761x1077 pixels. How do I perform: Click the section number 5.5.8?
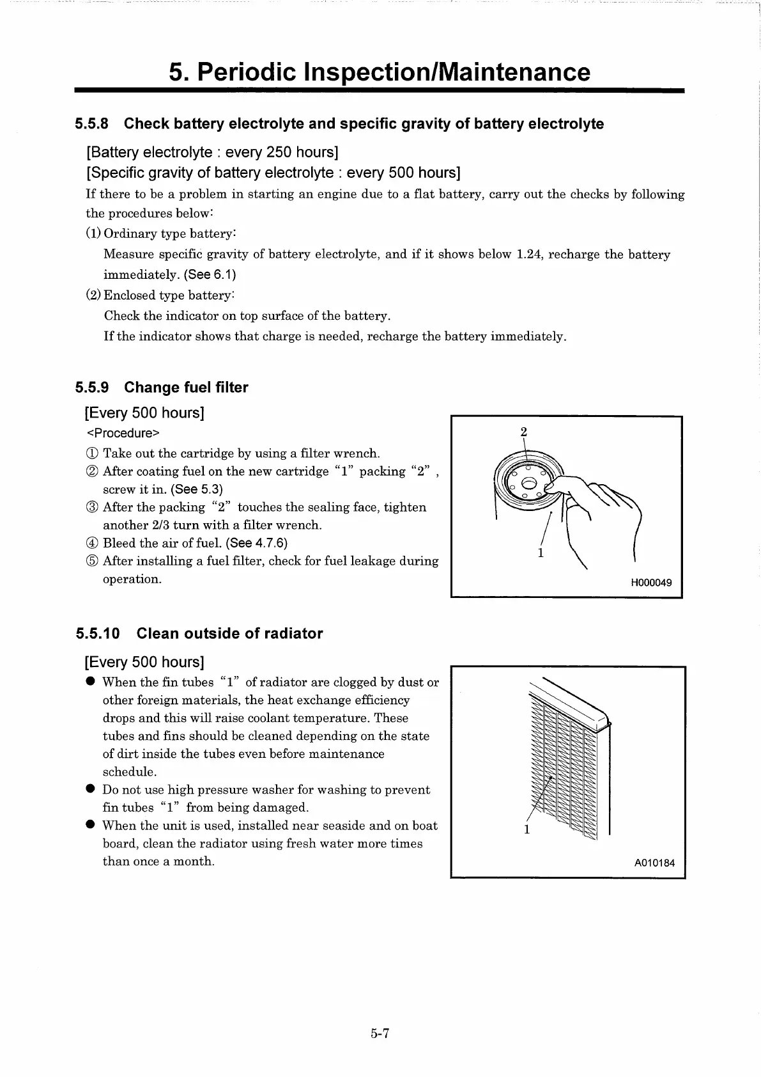click(92, 123)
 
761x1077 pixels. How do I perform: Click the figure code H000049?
click(651, 583)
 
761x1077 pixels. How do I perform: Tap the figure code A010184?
click(654, 863)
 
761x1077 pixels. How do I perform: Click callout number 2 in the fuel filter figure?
click(523, 432)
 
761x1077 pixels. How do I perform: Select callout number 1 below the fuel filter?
click(541, 553)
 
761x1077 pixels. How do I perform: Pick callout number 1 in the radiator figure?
click(527, 829)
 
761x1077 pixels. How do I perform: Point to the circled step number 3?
click(91, 507)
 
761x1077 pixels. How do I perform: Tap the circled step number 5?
click(91, 561)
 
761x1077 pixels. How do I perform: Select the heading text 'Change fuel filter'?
click(186, 388)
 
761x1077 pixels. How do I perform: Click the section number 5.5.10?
click(98, 634)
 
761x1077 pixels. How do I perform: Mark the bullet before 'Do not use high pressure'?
click(91, 790)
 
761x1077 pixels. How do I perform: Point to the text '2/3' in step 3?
click(160, 525)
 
